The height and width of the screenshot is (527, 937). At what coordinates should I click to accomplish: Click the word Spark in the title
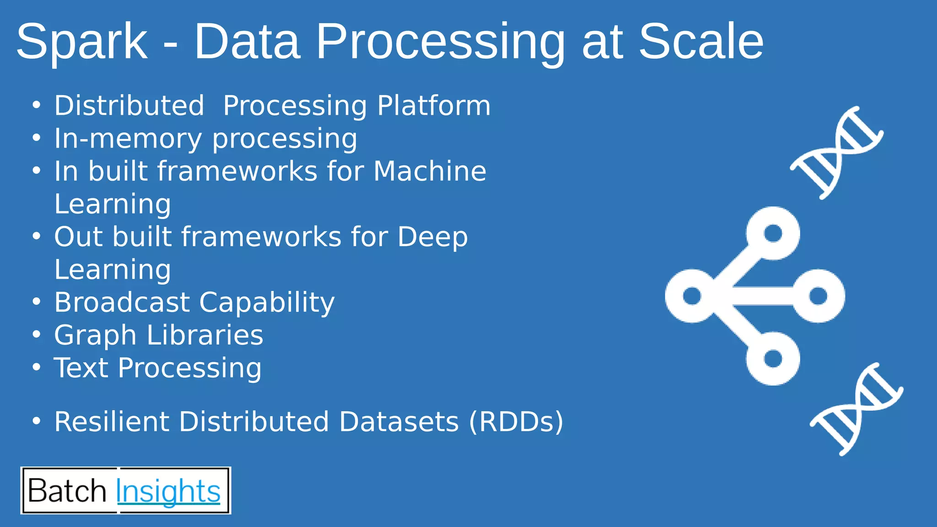pos(82,42)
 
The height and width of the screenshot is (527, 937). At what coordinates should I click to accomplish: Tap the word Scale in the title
pos(701,42)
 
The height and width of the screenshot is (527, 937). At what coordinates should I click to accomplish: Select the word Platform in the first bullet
pos(434,106)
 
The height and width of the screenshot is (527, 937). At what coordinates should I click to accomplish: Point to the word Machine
pos(430,171)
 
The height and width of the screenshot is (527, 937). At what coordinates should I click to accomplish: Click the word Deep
pos(432,237)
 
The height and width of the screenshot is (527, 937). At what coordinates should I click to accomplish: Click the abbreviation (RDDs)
pos(516,421)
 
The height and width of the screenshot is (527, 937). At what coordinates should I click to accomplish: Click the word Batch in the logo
pos(67,491)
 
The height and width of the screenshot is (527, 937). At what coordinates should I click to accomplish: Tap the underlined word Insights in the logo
pos(168,491)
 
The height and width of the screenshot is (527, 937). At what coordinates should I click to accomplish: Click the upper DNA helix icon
pos(836,152)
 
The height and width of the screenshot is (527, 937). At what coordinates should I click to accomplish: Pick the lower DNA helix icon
pos(856,409)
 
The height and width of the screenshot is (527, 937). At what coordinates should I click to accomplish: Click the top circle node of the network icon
pos(773,233)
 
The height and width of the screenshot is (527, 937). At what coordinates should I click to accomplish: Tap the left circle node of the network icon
pos(692,296)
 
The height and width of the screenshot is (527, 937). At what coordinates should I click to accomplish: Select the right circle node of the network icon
pos(818,296)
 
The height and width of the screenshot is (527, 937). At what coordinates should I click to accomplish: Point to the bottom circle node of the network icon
pos(773,358)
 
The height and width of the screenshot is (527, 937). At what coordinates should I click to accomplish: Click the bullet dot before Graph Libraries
pos(37,334)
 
